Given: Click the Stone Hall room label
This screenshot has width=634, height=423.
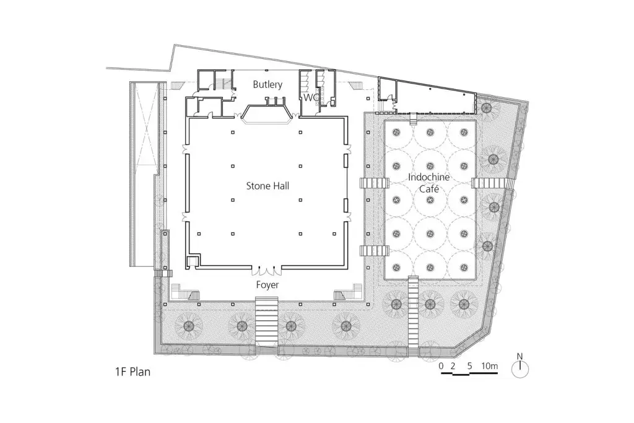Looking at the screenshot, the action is (x=267, y=186).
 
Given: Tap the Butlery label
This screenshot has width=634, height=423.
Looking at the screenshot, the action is (x=267, y=84).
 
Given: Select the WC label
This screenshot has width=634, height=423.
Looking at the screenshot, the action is (x=311, y=97).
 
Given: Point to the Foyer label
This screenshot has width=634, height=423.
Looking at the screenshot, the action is (x=267, y=285).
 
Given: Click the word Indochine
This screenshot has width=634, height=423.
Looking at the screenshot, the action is (x=428, y=177).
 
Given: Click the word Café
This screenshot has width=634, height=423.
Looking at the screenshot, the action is (x=428, y=189).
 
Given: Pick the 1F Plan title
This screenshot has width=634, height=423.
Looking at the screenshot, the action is (x=132, y=372).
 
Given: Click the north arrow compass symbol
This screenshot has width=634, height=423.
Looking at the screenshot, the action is (x=520, y=369).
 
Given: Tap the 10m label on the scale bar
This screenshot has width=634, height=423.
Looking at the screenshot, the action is (x=489, y=366).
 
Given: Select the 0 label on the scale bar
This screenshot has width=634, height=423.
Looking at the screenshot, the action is (x=441, y=366).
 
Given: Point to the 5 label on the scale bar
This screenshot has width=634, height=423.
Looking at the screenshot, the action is (x=469, y=366).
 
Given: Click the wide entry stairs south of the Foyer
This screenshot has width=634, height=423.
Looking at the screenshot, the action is (x=267, y=322).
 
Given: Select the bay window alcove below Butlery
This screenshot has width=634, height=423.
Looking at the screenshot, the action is (x=267, y=113).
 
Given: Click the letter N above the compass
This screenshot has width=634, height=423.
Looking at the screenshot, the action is (x=520, y=356).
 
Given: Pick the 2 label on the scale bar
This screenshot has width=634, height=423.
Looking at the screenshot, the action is (x=453, y=366).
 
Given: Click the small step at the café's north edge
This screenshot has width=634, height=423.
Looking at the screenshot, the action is (x=413, y=119).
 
